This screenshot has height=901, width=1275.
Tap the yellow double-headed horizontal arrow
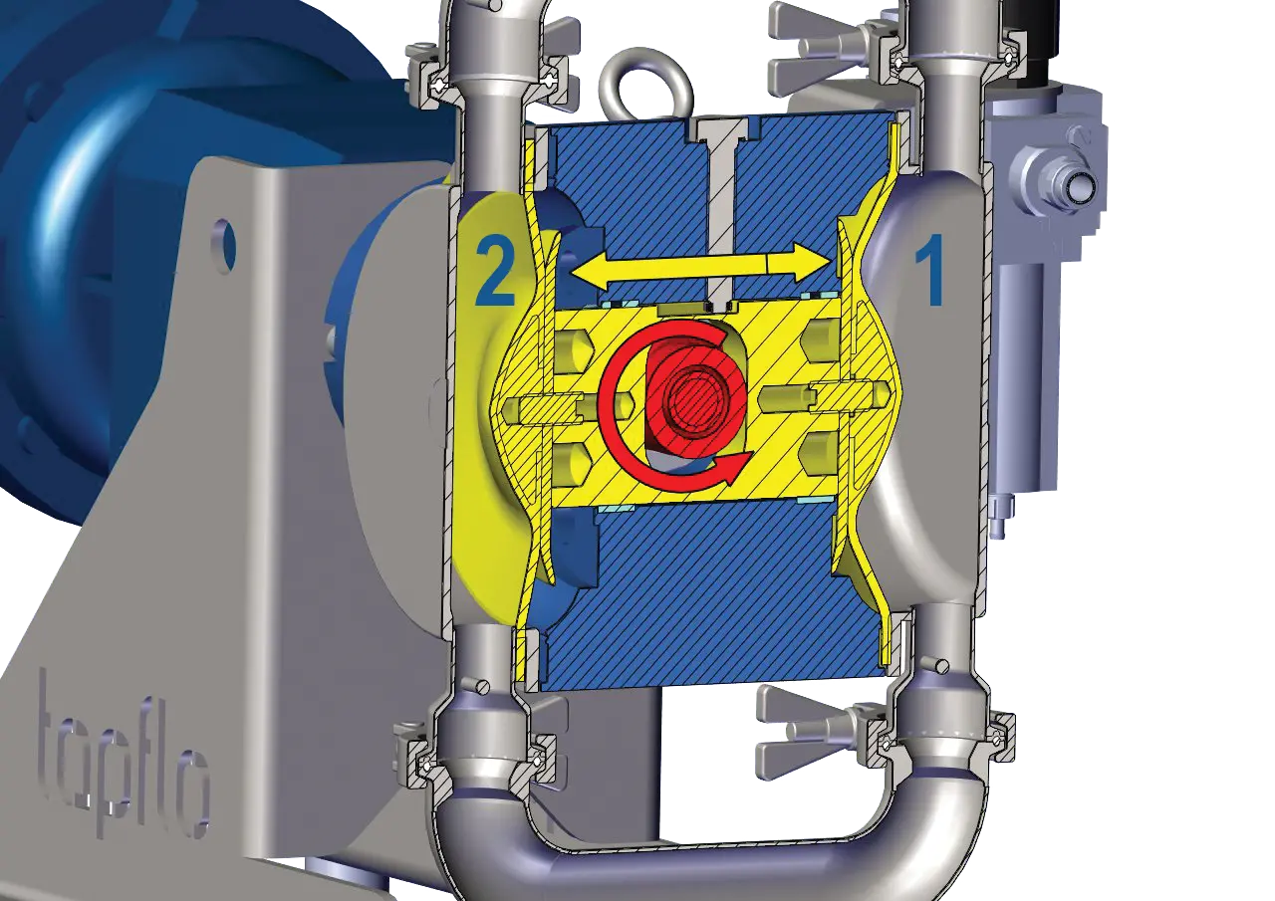(x=699, y=268)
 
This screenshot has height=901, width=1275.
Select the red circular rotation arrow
(x=675, y=404)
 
